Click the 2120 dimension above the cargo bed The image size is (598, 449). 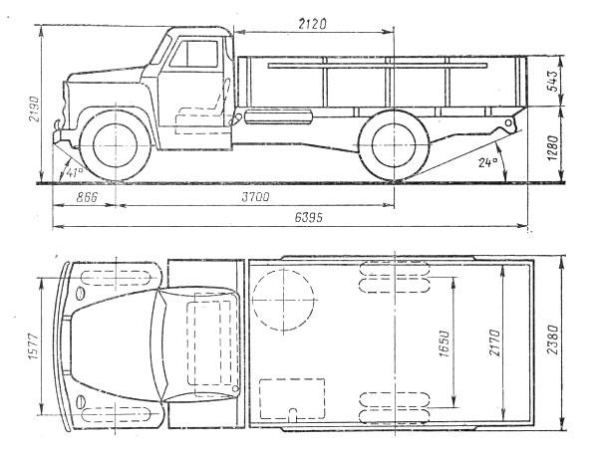[x=312, y=24]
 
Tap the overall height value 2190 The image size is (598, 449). [x=34, y=109]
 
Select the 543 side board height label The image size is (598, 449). [x=552, y=81]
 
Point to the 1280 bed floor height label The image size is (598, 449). [x=552, y=147]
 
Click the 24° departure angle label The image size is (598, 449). [x=488, y=162]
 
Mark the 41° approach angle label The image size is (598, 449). [x=74, y=172]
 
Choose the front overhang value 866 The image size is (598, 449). [x=87, y=197]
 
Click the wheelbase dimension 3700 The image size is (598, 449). [x=255, y=197]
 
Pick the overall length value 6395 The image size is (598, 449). [x=308, y=217]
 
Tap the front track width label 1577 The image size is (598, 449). [x=34, y=346]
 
